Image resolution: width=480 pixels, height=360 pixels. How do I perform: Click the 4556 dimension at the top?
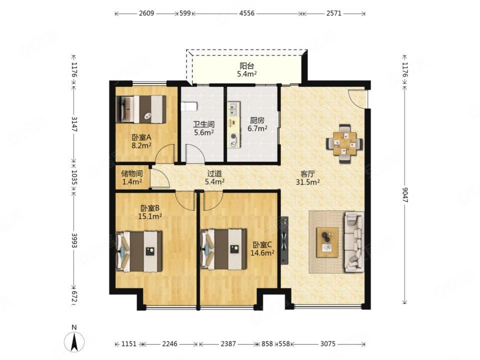click(246, 13)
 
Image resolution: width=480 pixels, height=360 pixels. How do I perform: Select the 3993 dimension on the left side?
click(74, 240)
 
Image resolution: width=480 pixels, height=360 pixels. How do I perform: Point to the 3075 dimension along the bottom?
click(327, 344)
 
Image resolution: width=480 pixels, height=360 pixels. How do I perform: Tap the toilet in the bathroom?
click(189, 106)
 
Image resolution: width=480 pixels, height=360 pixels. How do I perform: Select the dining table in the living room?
click(344, 143)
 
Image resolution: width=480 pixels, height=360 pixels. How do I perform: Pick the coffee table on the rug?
click(327, 242)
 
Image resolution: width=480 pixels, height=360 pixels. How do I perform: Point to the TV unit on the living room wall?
click(284, 239)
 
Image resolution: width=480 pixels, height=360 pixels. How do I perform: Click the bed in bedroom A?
click(141, 109)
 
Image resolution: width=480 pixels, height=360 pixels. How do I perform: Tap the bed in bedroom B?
click(139, 251)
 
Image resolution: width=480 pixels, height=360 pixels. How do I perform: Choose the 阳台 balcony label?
click(246, 66)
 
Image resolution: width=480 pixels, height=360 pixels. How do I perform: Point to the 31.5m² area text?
click(307, 182)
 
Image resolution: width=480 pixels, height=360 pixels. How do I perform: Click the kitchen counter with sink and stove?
click(233, 125)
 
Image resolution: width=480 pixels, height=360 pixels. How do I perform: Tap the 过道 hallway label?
click(214, 173)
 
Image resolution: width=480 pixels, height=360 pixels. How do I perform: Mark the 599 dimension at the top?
click(185, 13)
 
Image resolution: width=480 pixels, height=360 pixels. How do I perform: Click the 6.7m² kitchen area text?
click(257, 128)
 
